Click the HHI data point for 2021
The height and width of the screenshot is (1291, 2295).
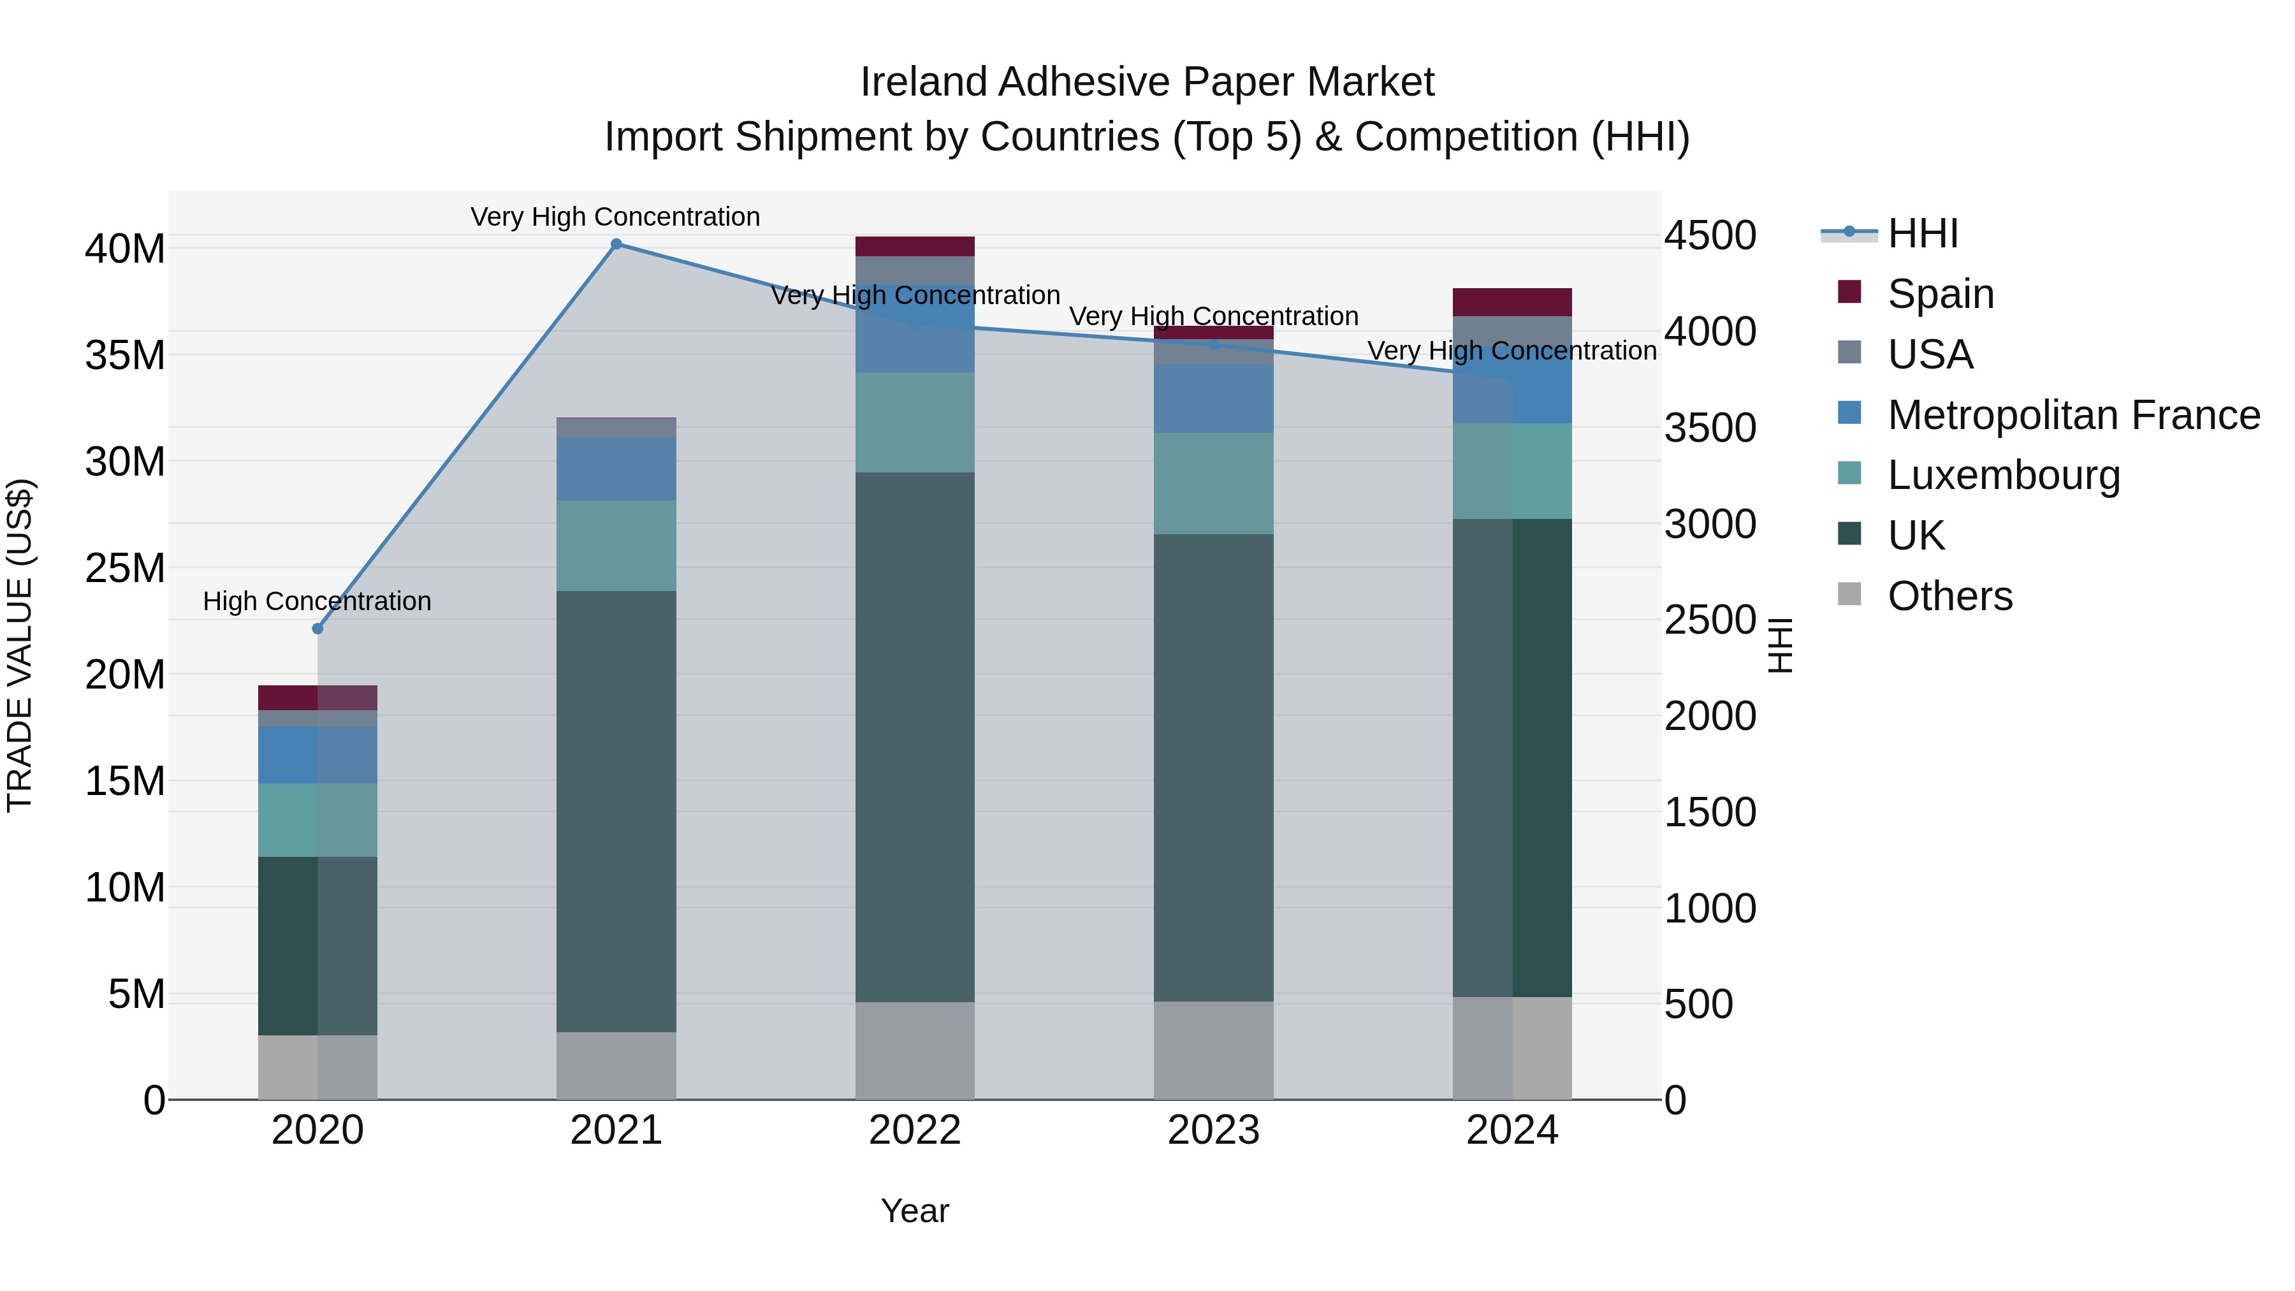[x=616, y=244]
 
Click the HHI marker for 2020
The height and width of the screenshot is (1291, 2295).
[x=317, y=629]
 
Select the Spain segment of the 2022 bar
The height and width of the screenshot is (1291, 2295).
[x=915, y=247]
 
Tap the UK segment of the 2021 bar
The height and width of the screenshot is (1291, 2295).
[x=616, y=811]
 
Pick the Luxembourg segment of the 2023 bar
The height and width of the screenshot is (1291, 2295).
[x=1213, y=484]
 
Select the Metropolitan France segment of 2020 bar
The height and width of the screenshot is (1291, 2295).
[x=317, y=755]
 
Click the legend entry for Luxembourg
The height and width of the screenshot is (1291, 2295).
[x=2004, y=475]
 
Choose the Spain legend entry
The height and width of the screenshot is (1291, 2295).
[x=1941, y=293]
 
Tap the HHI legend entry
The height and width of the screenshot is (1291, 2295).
[x=1923, y=233]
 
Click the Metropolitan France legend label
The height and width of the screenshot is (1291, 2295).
[x=2073, y=414]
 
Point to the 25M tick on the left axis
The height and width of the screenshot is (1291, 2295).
[x=125, y=569]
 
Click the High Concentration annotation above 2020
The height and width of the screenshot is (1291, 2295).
[x=317, y=601]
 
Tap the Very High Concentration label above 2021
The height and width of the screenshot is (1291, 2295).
[x=616, y=217]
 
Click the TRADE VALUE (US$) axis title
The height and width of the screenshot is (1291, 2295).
[x=20, y=645]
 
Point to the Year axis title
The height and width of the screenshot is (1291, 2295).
[x=915, y=1211]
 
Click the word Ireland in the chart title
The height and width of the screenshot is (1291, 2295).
[x=923, y=82]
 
